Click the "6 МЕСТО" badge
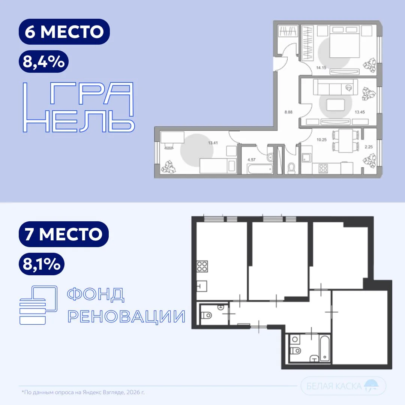click(x=64, y=31)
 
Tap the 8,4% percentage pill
click(x=43, y=61)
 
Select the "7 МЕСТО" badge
click(x=64, y=234)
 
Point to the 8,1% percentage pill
click(x=42, y=264)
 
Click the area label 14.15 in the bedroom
click(x=321, y=67)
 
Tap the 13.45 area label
click(x=360, y=112)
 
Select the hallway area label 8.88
click(x=288, y=112)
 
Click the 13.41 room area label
click(x=213, y=143)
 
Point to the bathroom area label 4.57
click(x=251, y=160)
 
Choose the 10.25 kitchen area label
click(x=322, y=140)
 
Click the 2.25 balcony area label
click(x=369, y=147)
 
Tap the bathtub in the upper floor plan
click(x=260, y=169)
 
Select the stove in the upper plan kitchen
click(x=323, y=168)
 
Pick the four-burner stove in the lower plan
click(x=202, y=267)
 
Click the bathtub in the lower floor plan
click(x=325, y=348)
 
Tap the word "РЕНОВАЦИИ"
click(x=127, y=316)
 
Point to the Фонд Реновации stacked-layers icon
click(x=38, y=305)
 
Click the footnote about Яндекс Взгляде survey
click(x=83, y=392)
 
